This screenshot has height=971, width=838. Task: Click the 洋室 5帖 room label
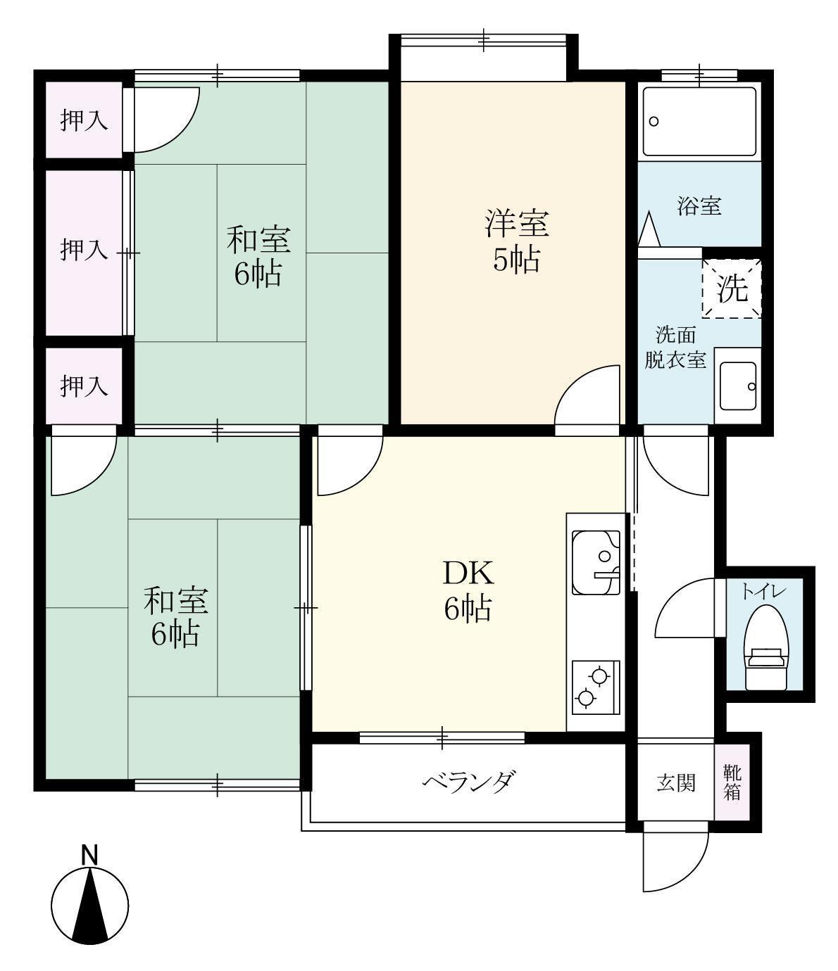(x=516, y=241)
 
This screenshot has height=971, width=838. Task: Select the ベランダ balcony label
(x=469, y=782)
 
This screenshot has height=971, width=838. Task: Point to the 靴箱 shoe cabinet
(x=732, y=782)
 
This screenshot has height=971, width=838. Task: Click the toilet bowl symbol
(x=766, y=648)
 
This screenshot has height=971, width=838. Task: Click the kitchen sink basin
(x=596, y=563)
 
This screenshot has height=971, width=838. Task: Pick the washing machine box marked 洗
(x=732, y=288)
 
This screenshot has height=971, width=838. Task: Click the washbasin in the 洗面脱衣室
(x=739, y=386)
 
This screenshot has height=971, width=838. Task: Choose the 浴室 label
(x=699, y=205)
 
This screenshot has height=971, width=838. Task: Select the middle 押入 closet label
(x=85, y=250)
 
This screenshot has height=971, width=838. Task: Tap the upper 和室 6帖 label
(x=258, y=256)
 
